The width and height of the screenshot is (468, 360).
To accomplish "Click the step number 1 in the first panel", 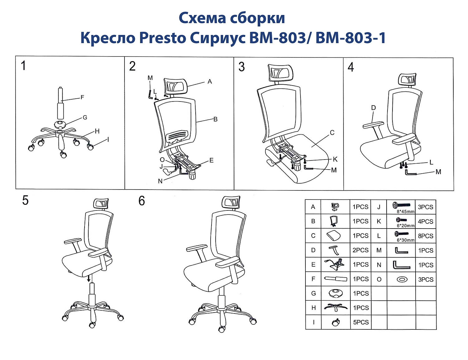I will click(x=23, y=66).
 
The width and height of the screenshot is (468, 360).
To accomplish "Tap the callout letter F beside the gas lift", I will click(x=82, y=97).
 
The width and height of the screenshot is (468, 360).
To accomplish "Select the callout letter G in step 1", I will click(x=85, y=118).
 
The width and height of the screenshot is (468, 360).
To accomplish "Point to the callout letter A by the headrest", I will click(x=210, y=81).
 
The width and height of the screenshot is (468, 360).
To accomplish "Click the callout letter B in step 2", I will click(x=215, y=119).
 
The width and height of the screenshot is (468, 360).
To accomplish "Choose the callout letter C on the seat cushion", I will click(x=332, y=133).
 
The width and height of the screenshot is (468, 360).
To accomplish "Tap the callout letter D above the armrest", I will click(x=373, y=108).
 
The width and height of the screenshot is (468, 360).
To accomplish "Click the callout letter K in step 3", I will click(x=335, y=159).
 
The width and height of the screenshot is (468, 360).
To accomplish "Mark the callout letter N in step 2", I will click(x=160, y=181).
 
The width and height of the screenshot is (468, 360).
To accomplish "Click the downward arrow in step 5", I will click(x=89, y=278).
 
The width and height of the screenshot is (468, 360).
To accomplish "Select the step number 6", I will click(x=142, y=201).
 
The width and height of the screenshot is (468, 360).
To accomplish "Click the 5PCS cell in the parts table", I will click(x=361, y=322).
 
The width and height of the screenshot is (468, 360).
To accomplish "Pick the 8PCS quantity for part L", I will click(x=426, y=236).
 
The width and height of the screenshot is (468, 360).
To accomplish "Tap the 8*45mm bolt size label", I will click(x=406, y=211).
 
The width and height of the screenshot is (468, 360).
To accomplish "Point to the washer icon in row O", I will click(x=402, y=279).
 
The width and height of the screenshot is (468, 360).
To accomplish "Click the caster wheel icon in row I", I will click(x=336, y=322).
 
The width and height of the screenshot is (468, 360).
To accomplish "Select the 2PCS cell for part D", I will click(x=361, y=250).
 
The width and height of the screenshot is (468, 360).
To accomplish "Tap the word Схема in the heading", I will click(x=202, y=18).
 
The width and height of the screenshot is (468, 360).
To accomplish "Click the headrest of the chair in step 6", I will click(x=231, y=203).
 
